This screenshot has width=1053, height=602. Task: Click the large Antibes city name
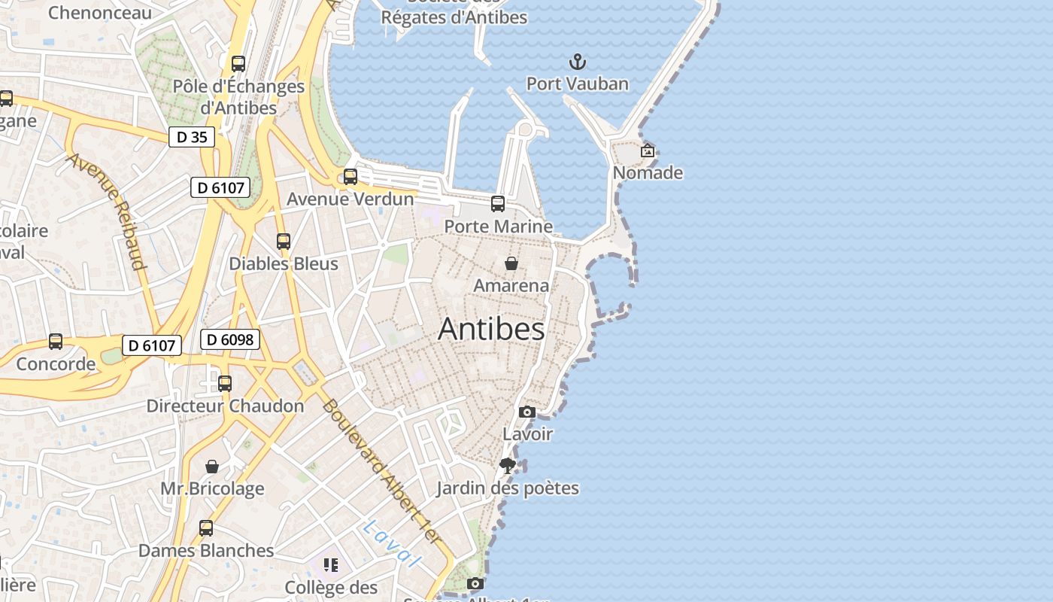pyautogui.click(x=491, y=329)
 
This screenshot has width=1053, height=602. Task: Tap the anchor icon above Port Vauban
pyautogui.click(x=577, y=62)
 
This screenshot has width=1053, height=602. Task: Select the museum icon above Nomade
pyautogui.click(x=647, y=150)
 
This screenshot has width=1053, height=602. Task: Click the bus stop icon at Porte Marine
pyautogui.click(x=497, y=203)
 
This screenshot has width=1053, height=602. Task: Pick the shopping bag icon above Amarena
pyautogui.click(x=511, y=263)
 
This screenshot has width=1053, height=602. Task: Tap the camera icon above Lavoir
pyautogui.click(x=527, y=412)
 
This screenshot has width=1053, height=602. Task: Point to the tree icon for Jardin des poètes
pyautogui.click(x=508, y=465)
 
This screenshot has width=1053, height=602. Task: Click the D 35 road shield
pyautogui.click(x=191, y=137)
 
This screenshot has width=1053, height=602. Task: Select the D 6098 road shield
pyautogui.click(x=230, y=339)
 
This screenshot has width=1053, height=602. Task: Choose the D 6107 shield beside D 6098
pyautogui.click(x=153, y=345)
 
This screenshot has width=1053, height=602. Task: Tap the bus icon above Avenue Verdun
pyautogui.click(x=350, y=177)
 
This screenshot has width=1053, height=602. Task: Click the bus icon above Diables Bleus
pyautogui.click(x=283, y=242)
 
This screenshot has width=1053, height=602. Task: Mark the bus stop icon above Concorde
pyautogui.click(x=56, y=342)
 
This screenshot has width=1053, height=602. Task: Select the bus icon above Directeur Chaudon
pyautogui.click(x=224, y=384)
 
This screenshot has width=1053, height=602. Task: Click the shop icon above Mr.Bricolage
pyautogui.click(x=212, y=467)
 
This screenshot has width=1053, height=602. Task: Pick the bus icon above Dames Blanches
pyautogui.click(x=206, y=528)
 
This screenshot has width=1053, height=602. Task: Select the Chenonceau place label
pyautogui.click(x=99, y=12)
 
